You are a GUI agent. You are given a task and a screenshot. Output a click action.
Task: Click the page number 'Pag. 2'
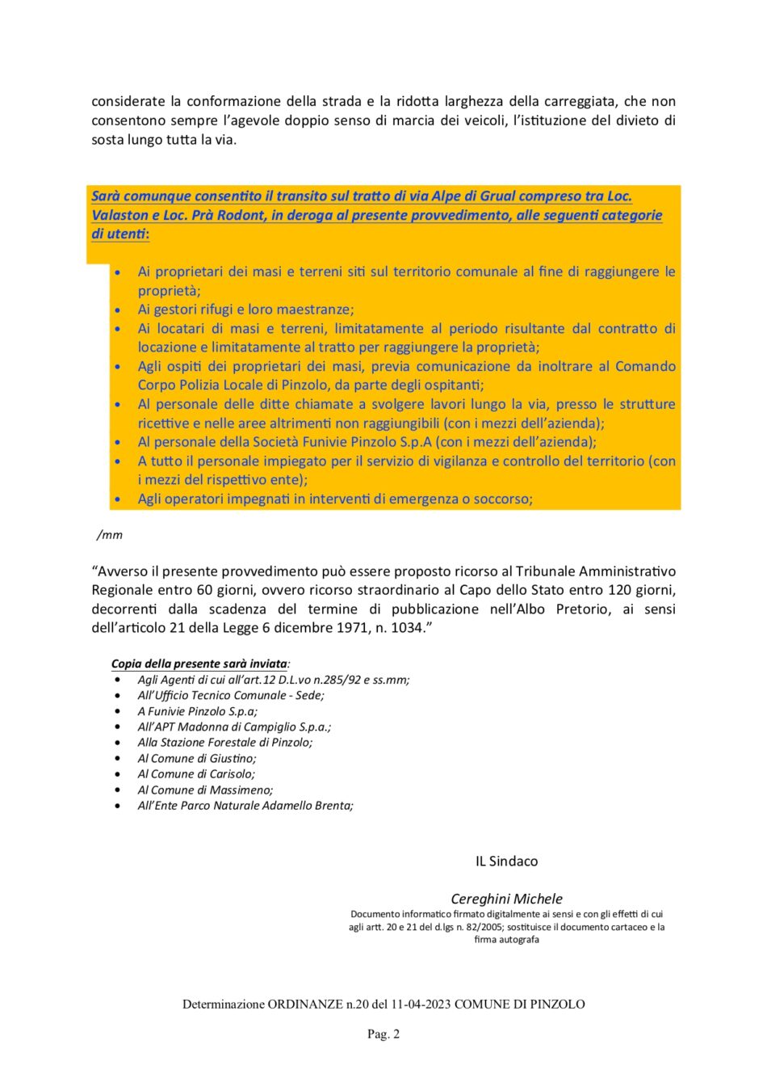pyautogui.click(x=383, y=1034)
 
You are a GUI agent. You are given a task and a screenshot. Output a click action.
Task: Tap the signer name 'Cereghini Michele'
pyautogui.click(x=506, y=898)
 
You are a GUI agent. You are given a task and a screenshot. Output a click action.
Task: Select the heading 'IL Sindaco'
pyautogui.click(x=506, y=861)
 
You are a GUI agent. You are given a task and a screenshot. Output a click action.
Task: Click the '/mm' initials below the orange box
pyautogui.click(x=110, y=534)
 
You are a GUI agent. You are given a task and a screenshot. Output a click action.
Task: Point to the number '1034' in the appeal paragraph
pyautogui.click(x=407, y=628)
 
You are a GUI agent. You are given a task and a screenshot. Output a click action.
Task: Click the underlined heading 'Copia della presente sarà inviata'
pyautogui.click(x=199, y=664)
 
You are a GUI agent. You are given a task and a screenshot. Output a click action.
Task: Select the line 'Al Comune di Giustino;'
pyautogui.click(x=196, y=758)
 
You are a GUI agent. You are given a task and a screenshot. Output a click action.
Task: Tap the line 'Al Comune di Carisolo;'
pyautogui.click(x=195, y=773)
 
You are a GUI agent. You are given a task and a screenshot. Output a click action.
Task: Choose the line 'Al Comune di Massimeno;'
pyautogui.click(x=205, y=790)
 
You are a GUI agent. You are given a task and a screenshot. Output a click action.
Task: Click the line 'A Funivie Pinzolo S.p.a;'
pyautogui.click(x=197, y=711)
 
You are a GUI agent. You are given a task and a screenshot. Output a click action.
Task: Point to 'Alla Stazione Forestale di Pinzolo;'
pyautogui.click(x=224, y=742)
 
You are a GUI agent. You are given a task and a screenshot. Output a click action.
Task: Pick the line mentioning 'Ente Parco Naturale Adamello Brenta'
pyautogui.click(x=245, y=805)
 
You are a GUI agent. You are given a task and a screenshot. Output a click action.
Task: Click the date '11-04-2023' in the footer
pyautogui.click(x=421, y=1004)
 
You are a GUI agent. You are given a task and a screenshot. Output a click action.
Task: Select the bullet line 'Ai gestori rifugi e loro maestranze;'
pyautogui.click(x=245, y=310)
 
